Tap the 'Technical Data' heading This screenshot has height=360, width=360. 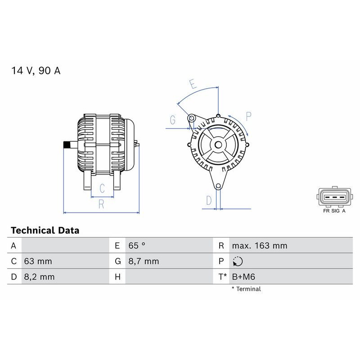pyautogui.click(x=45, y=230)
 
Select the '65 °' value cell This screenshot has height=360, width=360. pyautogui.click(x=137, y=246)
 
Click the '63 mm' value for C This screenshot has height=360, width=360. pyautogui.click(x=38, y=261)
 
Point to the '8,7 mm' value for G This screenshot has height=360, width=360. pyautogui.click(x=144, y=261)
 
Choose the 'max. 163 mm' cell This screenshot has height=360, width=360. pyautogui.click(x=259, y=246)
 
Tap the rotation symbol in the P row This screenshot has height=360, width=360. pyautogui.click(x=238, y=261)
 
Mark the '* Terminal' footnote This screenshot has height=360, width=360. pyautogui.click(x=246, y=289)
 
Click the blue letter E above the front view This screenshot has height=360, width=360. pyautogui.click(x=192, y=84)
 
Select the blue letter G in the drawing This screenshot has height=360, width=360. pyautogui.click(x=172, y=120)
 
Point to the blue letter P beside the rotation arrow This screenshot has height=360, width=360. pyautogui.click(x=248, y=115)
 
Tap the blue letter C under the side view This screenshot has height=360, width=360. pyautogui.click(x=102, y=188)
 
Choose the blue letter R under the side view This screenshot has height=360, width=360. pyautogui.click(x=101, y=204)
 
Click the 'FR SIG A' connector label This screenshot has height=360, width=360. pyautogui.click(x=334, y=210)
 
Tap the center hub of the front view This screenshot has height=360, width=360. pyautogui.click(x=218, y=144)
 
